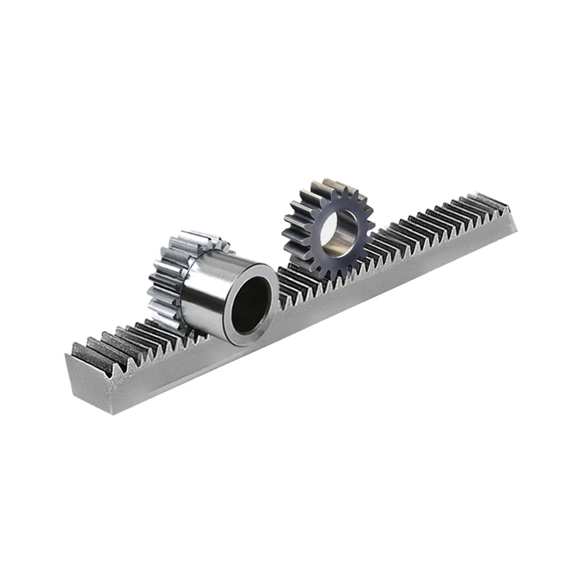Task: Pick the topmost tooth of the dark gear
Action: tap(330, 184)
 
